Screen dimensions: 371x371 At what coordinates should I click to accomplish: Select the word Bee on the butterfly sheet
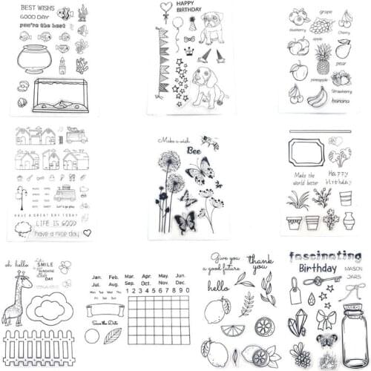[194, 150]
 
